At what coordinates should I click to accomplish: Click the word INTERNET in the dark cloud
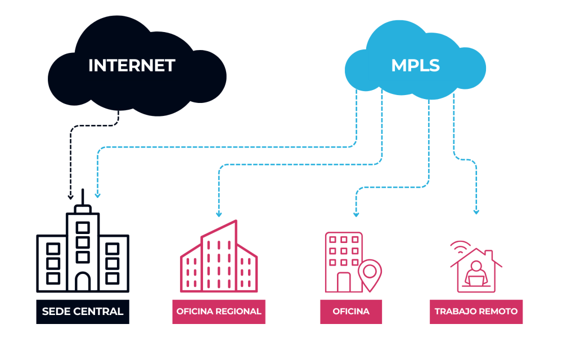[132, 65]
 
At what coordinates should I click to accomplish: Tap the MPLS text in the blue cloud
[415, 65]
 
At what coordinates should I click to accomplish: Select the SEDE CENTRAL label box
[83, 311]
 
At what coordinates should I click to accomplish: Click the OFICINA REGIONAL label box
[219, 311]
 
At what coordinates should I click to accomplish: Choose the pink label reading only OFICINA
[351, 311]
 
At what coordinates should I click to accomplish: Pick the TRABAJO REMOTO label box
[476, 311]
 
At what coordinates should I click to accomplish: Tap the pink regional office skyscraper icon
[219, 259]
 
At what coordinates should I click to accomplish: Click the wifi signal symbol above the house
[460, 247]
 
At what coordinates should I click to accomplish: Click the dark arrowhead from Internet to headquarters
[70, 197]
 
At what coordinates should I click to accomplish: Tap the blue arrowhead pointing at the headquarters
[97, 195]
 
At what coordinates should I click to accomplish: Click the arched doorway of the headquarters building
[83, 281]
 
